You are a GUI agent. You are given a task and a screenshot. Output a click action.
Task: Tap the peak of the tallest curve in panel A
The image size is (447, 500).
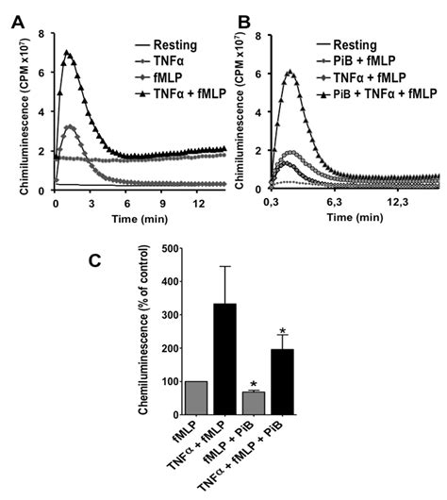click(x=66, y=53)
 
